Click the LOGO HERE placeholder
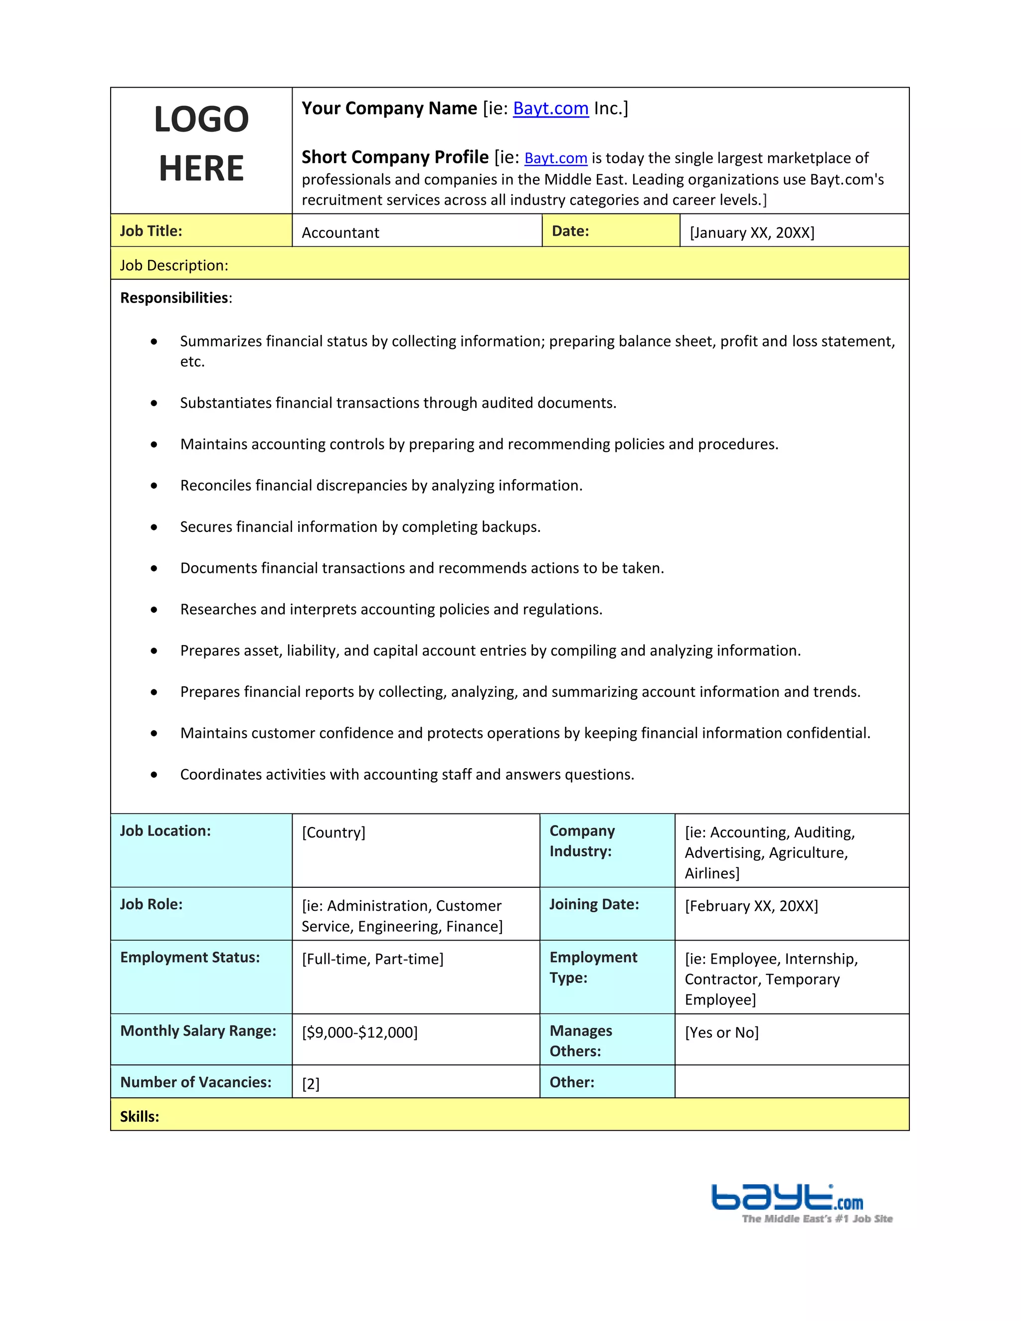[201, 144]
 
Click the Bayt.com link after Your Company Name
[550, 108]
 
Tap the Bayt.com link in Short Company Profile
[555, 158]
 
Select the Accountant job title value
[340, 233]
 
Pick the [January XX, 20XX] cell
[752, 233]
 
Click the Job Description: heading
[174, 266]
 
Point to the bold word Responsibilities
[174, 298]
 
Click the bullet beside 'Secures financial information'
[154, 527]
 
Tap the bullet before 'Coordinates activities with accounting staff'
[154, 775]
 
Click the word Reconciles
[216, 486]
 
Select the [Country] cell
[334, 832]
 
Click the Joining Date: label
[594, 904]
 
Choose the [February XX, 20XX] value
[751, 906]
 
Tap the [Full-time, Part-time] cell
[372, 959]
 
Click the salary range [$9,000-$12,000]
[360, 1032]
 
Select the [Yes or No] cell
[721, 1032]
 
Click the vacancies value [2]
[311, 1084]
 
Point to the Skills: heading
[140, 1117]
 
